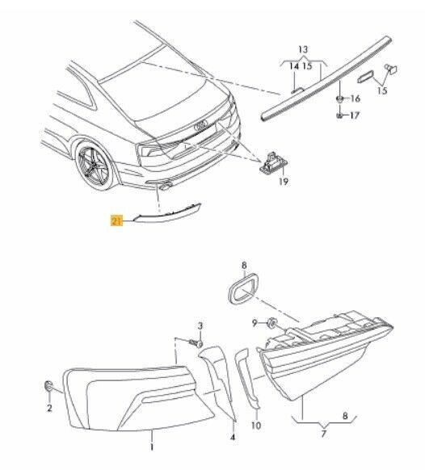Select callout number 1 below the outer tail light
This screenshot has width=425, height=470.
click(x=151, y=445)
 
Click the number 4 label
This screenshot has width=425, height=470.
click(x=233, y=438)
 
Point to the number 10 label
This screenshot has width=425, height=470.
click(x=256, y=425)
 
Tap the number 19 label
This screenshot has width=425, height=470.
click(x=284, y=183)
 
